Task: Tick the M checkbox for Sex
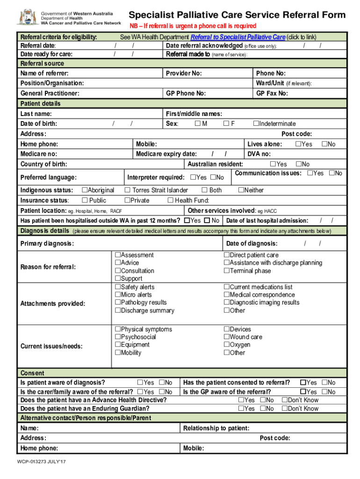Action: [198, 123]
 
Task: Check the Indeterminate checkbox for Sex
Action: [256, 123]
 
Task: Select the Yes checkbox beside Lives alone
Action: [298, 144]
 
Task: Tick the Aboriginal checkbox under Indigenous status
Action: [85, 190]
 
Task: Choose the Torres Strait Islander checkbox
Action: [127, 190]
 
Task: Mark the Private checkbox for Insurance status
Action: [127, 200]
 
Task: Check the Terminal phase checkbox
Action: [226, 271]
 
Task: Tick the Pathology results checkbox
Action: [118, 303]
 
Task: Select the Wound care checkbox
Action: [226, 337]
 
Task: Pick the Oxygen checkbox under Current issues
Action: [226, 345]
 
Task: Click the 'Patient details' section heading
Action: [41, 103]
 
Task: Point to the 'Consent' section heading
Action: [33, 373]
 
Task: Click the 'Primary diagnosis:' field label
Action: [47, 244]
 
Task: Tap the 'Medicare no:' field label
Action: [39, 154]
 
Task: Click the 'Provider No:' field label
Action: [184, 73]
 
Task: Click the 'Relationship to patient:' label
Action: [216, 428]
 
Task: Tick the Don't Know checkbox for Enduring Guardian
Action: [284, 408]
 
